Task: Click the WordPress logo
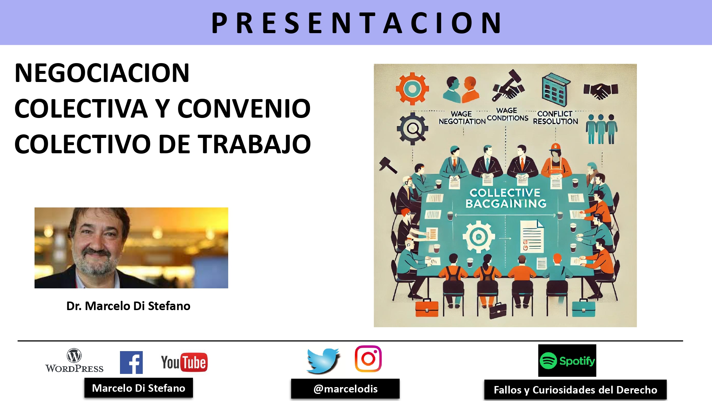74,361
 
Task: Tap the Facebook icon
131,362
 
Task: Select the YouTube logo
184,363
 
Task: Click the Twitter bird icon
323,360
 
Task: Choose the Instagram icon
368,359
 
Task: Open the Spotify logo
567,361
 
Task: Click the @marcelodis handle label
345,389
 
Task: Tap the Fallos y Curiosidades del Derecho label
575,390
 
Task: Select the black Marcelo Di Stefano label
138,388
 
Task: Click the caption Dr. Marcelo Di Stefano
128,306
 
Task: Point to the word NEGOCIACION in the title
102,73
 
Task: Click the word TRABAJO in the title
254,144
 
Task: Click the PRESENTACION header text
356,23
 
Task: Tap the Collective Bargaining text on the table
506,198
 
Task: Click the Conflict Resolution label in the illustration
555,118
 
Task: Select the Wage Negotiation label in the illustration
462,118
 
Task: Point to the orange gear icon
412,89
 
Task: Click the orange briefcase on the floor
427,308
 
